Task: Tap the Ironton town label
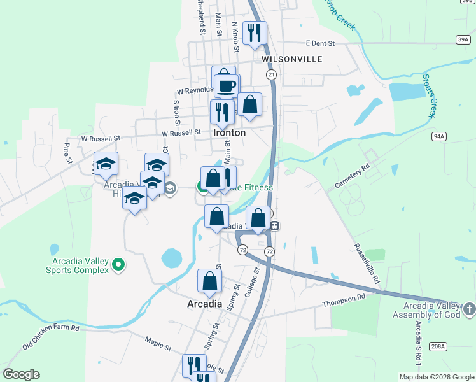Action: [229, 133]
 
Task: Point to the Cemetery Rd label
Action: [352, 177]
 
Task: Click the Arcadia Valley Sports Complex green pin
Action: [118, 264]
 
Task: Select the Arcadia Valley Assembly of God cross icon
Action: [470, 309]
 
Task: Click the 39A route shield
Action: [463, 39]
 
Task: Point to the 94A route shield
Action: [438, 136]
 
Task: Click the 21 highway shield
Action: [272, 75]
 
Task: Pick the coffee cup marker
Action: [226, 85]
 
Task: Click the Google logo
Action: [21, 374]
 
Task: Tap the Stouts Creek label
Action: [430, 95]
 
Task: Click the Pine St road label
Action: [66, 153]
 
